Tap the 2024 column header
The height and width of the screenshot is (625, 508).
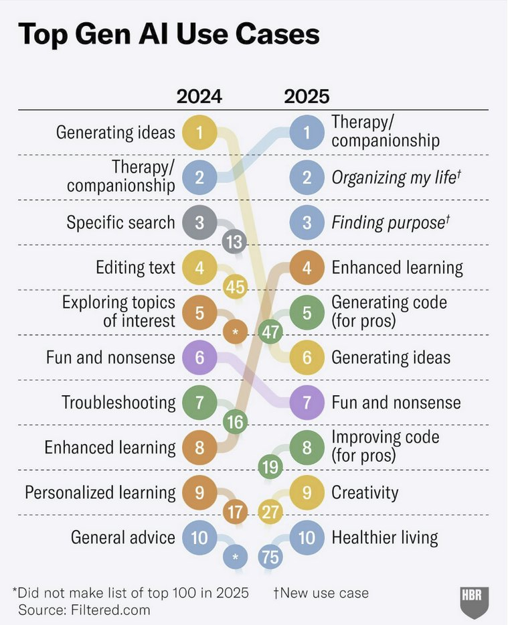[199, 96]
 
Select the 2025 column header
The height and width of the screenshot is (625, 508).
[307, 96]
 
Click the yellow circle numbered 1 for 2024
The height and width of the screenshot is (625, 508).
[199, 132]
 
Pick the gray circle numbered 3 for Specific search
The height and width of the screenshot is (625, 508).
[199, 222]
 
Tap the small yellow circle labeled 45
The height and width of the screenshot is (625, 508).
[234, 287]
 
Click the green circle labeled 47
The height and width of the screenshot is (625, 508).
[270, 332]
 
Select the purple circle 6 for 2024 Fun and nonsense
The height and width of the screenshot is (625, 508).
[199, 357]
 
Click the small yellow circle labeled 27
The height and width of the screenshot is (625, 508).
[270, 513]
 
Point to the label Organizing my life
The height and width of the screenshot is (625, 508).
[396, 178]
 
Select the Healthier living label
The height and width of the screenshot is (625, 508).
[385, 537]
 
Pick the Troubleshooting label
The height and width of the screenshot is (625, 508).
[118, 403]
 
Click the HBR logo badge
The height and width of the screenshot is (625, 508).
[475, 602]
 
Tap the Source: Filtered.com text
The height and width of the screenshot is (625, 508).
[84, 610]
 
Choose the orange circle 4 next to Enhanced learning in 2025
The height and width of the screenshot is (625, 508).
[307, 268]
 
